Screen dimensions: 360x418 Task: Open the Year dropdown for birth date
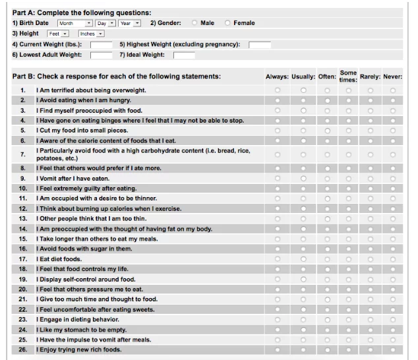[129, 23]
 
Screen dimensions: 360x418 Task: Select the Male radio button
[194, 23]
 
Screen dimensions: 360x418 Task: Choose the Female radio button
[227, 23]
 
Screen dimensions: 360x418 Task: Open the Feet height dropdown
[59, 33]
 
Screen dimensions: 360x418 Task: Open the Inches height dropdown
[91, 33]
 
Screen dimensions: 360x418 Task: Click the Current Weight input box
[101, 44]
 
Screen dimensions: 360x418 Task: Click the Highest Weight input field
[260, 44]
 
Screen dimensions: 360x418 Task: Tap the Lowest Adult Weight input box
[101, 55]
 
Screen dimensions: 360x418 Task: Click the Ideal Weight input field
[184, 55]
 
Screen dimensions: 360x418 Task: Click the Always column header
[277, 76]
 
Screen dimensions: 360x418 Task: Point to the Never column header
[392, 76]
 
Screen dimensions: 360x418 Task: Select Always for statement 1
[277, 90]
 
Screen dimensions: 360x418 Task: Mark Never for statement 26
[393, 349]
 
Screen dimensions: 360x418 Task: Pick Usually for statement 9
[303, 178]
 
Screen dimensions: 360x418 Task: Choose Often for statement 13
[327, 218]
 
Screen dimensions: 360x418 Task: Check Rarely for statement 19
[371, 279]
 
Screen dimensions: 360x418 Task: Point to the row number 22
[22, 309]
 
